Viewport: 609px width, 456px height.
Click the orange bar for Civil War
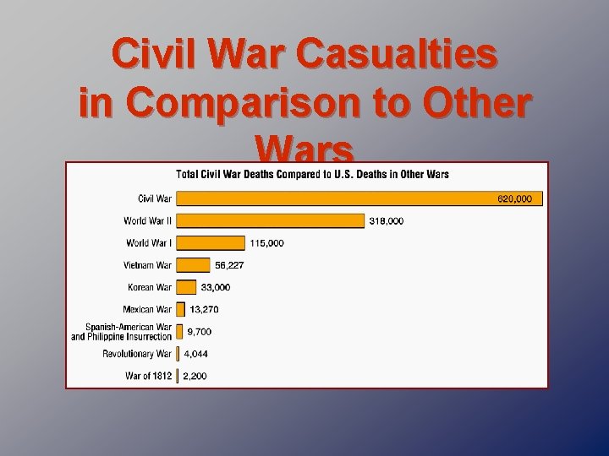[x=338, y=199]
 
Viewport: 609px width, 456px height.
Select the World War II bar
[x=271, y=221]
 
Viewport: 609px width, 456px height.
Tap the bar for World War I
[x=211, y=243]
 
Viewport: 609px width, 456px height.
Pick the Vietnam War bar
[x=193, y=265]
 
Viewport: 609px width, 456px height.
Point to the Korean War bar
[x=186, y=287]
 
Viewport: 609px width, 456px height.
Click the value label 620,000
[x=514, y=199]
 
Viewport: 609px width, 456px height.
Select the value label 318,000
[x=387, y=221]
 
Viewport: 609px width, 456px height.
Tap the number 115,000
[x=267, y=243]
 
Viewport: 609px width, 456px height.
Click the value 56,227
[x=229, y=265]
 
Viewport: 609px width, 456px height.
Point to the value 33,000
[x=215, y=287]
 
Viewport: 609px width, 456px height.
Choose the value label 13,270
[x=204, y=309]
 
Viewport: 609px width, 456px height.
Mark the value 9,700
[x=200, y=332]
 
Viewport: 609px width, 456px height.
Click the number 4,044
[x=195, y=354]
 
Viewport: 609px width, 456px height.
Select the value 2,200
[x=195, y=376]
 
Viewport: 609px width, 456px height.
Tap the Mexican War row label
[x=148, y=309]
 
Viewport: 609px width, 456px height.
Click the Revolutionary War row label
[x=137, y=354]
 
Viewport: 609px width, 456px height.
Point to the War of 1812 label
[x=148, y=376]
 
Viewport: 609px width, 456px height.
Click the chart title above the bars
[x=312, y=175]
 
